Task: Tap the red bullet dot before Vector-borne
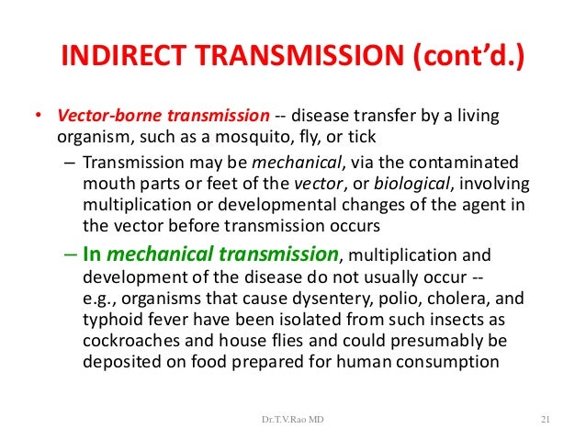click(x=39, y=118)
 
